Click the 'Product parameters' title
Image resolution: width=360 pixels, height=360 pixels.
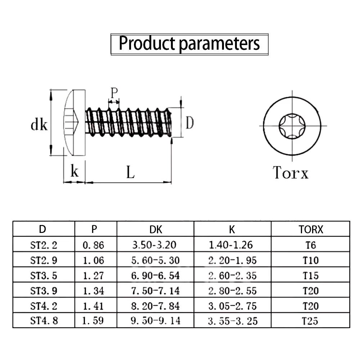point(189,44)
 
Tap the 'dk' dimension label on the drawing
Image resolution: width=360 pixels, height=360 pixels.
point(39,125)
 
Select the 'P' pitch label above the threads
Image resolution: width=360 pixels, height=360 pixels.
point(114,93)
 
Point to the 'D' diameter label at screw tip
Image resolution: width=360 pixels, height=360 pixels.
point(189,123)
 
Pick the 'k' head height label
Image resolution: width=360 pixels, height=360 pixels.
point(75,172)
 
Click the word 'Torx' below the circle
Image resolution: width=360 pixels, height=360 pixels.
point(291,172)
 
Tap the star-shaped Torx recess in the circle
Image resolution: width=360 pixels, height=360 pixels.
point(291,126)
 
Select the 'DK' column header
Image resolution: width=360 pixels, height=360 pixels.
point(155,229)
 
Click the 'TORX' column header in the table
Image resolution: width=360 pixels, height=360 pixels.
point(311,229)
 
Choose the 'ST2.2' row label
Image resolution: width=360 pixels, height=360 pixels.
point(44,245)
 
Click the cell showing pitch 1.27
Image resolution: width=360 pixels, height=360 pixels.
point(93,275)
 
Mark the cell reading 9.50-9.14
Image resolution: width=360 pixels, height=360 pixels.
point(155,320)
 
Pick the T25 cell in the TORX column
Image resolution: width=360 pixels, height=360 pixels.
point(310,320)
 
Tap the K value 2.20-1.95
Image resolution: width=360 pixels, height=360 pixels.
point(233,260)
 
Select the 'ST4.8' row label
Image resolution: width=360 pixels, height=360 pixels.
point(44,320)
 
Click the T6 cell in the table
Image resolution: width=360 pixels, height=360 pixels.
point(310,245)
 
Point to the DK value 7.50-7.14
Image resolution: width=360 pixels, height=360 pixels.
point(155,291)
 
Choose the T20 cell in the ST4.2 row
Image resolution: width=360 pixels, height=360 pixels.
point(310,306)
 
